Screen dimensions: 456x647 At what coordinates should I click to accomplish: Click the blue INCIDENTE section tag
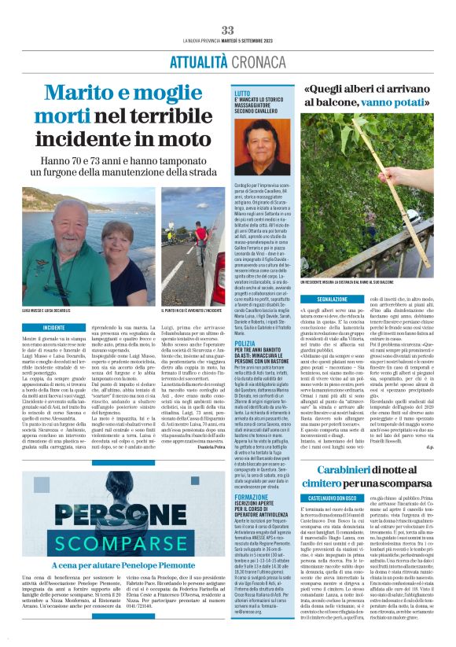click(x=54, y=328)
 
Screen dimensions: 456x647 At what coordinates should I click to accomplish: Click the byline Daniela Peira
click(x=210, y=435)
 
